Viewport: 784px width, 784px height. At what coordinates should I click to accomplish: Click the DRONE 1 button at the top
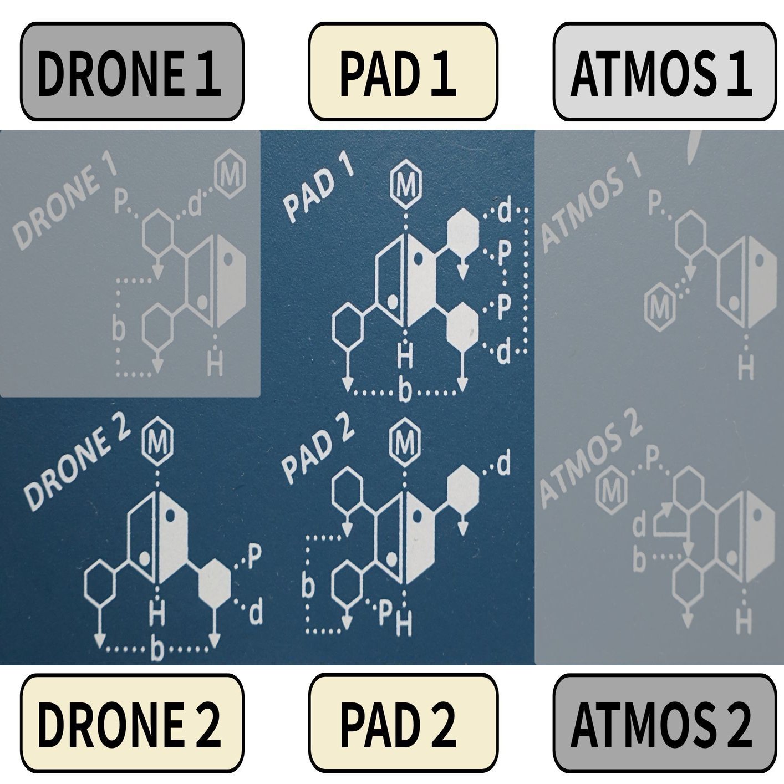pos(132,72)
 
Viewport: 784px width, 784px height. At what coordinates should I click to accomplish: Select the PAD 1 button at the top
pos(403,72)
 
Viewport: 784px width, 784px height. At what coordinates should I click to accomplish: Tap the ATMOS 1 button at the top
pos(664,72)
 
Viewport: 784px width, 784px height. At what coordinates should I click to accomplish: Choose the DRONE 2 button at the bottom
pos(132,723)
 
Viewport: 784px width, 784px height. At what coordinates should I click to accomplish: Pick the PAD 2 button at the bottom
pos(403,723)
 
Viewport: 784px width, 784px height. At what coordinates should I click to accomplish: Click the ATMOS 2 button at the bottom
pos(664,723)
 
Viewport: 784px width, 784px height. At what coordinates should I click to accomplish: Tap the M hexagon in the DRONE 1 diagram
pos(231,177)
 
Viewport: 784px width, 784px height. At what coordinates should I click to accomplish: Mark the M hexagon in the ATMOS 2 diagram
pos(611,488)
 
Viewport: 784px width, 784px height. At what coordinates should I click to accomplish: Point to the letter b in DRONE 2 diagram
pos(158,650)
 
